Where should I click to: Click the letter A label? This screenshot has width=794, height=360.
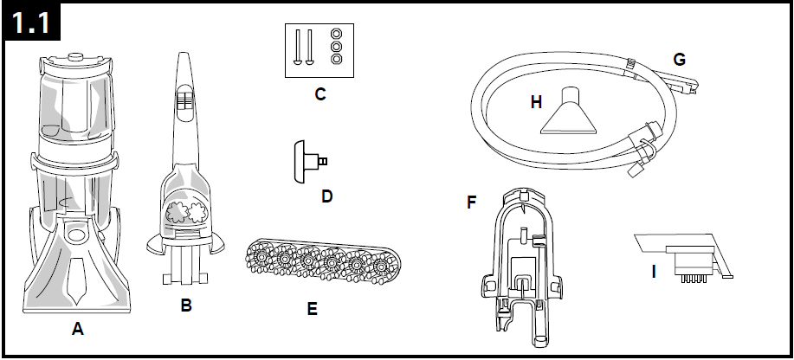(79, 329)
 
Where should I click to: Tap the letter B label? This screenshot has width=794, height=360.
(186, 305)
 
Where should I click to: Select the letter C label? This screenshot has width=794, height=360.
(320, 94)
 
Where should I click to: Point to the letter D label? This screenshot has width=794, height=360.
(326, 196)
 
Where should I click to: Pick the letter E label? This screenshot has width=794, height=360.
(312, 307)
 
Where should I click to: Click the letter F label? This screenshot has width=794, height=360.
(472, 202)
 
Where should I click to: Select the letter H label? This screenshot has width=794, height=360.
(537, 102)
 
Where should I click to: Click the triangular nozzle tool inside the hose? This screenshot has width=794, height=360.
(573, 113)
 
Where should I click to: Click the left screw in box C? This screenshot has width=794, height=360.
(298, 46)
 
